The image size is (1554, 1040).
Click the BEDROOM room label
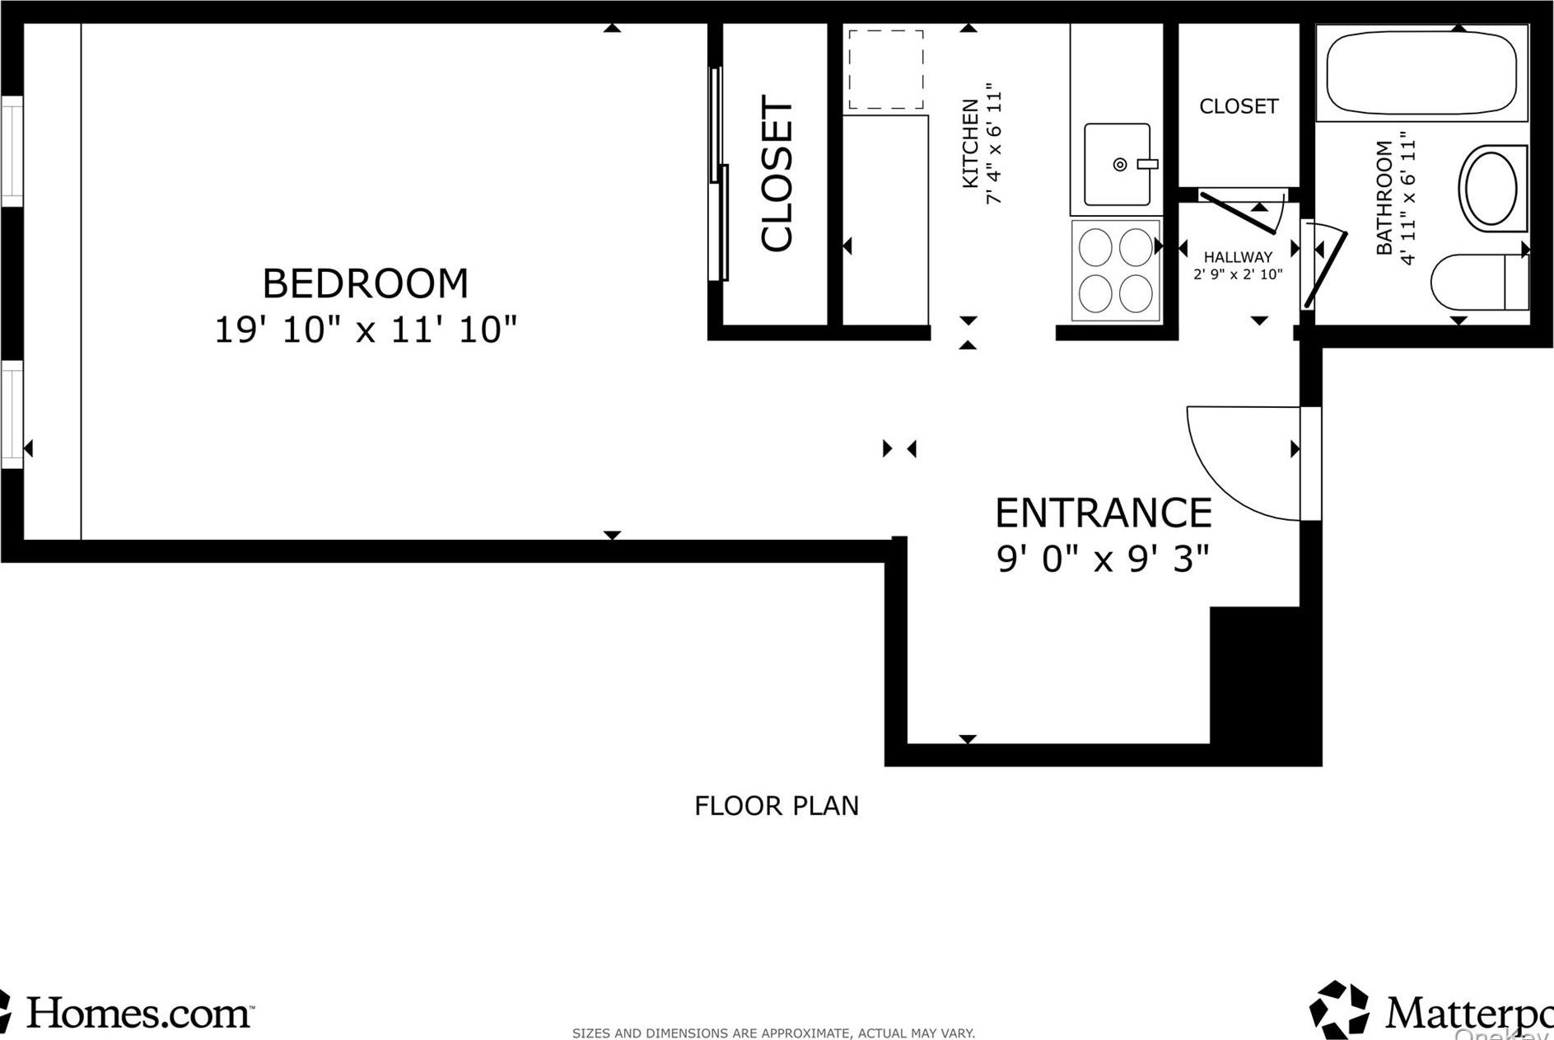pyautogui.click(x=365, y=284)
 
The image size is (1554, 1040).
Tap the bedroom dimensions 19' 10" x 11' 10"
pyautogui.click(x=365, y=330)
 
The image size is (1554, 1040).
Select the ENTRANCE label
pyautogui.click(x=1103, y=513)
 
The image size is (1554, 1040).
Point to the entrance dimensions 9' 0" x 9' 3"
pyautogui.click(x=1103, y=560)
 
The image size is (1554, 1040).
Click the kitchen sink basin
pyautogui.click(x=1117, y=165)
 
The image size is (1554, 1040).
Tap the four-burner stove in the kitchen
pyautogui.click(x=1115, y=270)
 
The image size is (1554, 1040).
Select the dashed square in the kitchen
pyautogui.click(x=885, y=70)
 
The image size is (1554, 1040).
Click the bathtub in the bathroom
pyautogui.click(x=1421, y=73)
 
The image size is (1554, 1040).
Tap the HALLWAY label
pyautogui.click(x=1238, y=257)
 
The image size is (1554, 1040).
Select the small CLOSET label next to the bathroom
pyautogui.click(x=1238, y=106)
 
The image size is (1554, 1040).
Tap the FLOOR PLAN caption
pyautogui.click(x=776, y=805)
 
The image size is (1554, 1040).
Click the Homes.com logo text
pyautogui.click(x=138, y=1013)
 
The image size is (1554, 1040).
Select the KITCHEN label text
pyautogui.click(x=971, y=143)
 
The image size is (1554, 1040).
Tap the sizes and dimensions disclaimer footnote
pyautogui.click(x=773, y=1033)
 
